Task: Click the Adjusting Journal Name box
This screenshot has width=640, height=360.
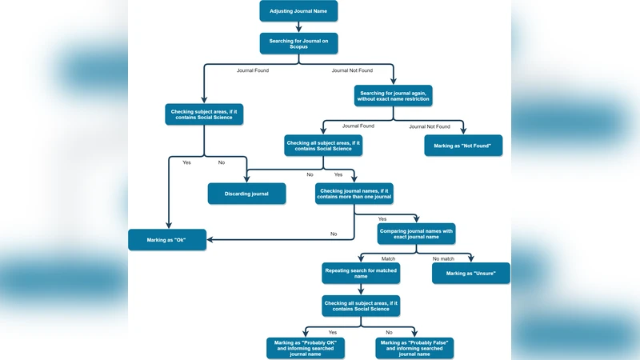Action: [298, 11]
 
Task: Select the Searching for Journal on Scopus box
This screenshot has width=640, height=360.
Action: [298, 42]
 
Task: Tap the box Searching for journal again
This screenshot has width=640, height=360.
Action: [394, 95]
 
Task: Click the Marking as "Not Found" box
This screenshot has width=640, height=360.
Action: [463, 145]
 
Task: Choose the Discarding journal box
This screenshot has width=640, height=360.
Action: [247, 194]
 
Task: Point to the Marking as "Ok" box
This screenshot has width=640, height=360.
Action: [167, 240]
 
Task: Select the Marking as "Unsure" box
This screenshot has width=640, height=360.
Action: [471, 273]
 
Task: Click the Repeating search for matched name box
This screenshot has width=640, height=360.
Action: [361, 274]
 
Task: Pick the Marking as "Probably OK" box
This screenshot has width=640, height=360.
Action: [305, 347]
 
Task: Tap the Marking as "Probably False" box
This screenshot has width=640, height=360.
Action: [415, 347]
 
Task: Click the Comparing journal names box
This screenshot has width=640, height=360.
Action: [416, 234]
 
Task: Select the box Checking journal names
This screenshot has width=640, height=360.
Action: [354, 194]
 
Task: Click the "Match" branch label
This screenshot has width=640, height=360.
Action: [388, 258]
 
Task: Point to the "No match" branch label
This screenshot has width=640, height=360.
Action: [443, 258]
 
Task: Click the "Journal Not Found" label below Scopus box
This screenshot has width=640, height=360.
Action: [353, 70]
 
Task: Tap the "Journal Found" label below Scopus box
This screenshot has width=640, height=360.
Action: [253, 70]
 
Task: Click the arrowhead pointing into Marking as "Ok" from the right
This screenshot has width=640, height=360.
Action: [210, 240]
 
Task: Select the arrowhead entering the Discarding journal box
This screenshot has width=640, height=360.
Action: [247, 179]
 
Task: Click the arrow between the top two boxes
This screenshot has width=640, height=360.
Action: [298, 27]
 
